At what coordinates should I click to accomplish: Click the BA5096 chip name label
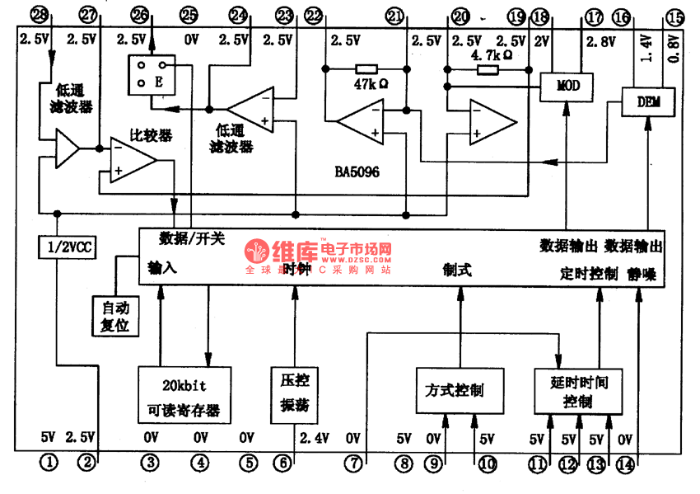357,172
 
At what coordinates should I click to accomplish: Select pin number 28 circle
37,14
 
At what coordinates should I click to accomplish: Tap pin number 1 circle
50,463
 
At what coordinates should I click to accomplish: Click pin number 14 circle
626,464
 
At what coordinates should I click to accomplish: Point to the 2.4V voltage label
315,437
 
